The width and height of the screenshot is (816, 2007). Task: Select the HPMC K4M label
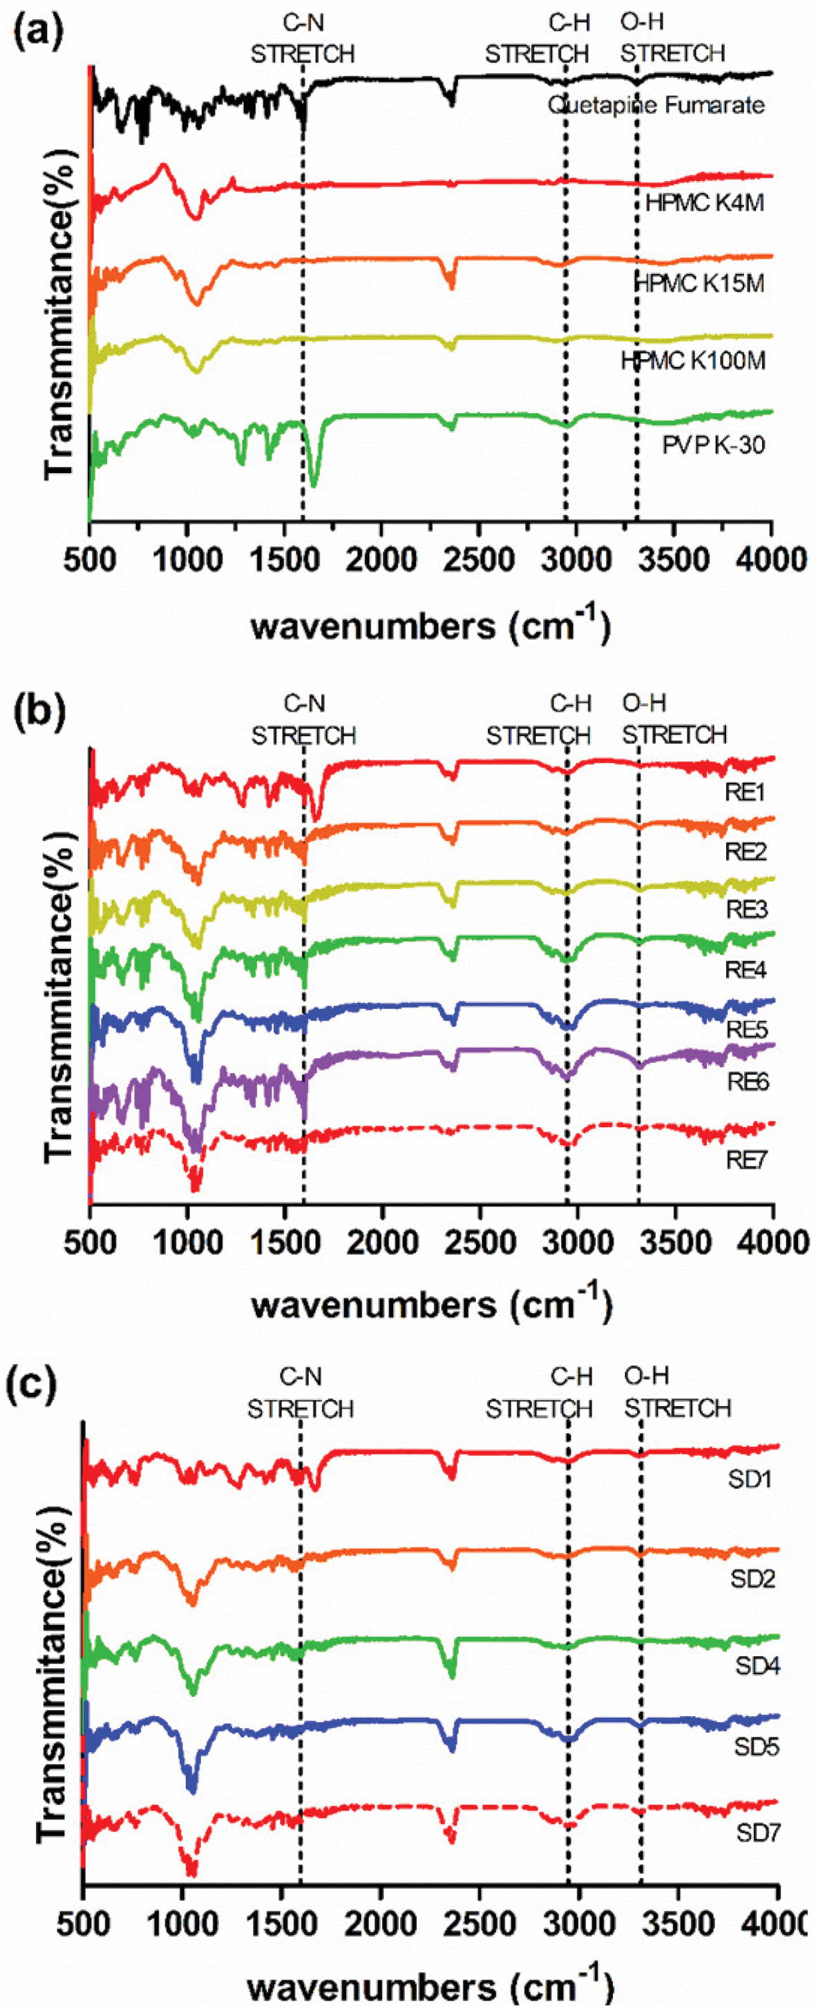tap(705, 203)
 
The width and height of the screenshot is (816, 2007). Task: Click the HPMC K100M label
tap(693, 361)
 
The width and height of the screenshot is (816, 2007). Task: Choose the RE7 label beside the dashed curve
tap(747, 1160)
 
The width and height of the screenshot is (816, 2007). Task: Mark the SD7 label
tap(757, 1833)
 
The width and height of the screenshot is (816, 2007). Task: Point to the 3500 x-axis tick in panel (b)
tap(675, 1241)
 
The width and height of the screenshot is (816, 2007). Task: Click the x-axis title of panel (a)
tap(430, 624)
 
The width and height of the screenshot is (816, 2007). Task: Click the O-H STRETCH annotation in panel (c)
tap(677, 1393)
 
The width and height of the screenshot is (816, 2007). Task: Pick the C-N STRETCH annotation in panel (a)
tap(303, 38)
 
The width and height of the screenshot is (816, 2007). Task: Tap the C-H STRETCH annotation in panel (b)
tap(538, 719)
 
